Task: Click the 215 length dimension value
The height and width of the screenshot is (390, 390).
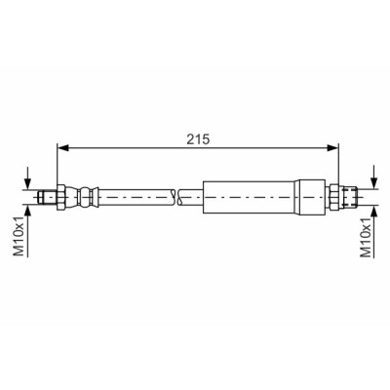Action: click(x=198, y=139)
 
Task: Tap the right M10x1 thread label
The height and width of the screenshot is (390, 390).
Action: click(x=366, y=237)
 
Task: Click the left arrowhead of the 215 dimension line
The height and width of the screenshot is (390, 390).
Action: click(x=63, y=148)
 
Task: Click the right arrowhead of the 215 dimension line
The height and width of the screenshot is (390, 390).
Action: click(x=332, y=148)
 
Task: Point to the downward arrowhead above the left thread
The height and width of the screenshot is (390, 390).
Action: click(x=28, y=183)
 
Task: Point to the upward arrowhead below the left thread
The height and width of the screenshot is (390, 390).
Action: click(x=28, y=211)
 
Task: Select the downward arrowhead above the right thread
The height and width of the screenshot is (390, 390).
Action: click(x=375, y=183)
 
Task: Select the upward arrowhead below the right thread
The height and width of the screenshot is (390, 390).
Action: click(x=375, y=211)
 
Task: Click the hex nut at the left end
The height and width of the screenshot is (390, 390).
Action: click(x=61, y=197)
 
